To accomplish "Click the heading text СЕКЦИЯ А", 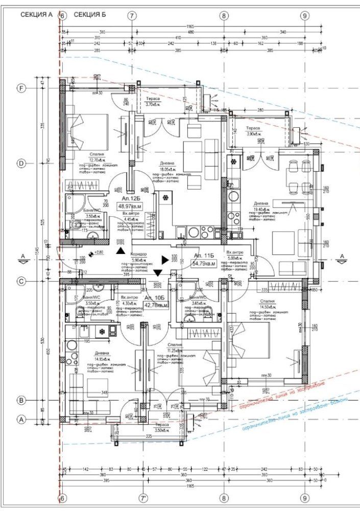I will point(36,15).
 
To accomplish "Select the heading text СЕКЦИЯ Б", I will point(89,15).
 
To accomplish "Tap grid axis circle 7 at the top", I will point(132,16).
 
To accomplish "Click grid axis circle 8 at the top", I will point(224,16).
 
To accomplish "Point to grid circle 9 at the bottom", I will point(304,497).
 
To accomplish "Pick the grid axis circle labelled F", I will point(21,88).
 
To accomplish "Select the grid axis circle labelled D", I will point(21,164).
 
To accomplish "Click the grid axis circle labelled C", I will point(21,281).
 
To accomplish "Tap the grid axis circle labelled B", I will point(21,400).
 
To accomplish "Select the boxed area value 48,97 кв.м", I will point(130,206).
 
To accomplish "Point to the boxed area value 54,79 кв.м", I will point(203,263).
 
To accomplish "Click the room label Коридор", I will point(138,253).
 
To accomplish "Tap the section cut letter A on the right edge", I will point(342,254).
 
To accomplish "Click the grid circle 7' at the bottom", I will point(144,497).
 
